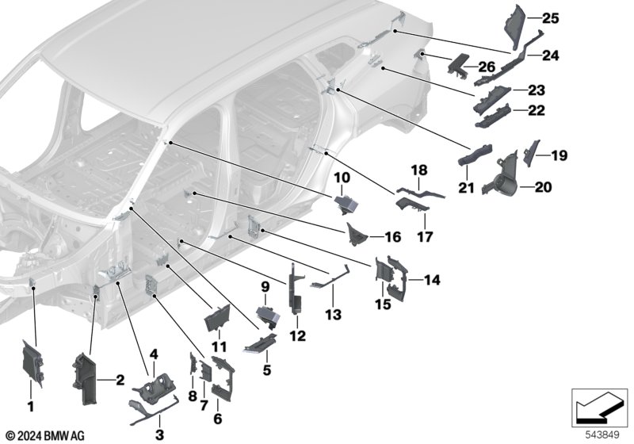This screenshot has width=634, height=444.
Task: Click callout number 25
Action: tap(549, 17)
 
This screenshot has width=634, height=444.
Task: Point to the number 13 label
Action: tap(333, 316)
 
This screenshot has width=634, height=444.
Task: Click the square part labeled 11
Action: tap(217, 319)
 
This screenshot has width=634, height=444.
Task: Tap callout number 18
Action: tap(418, 170)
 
